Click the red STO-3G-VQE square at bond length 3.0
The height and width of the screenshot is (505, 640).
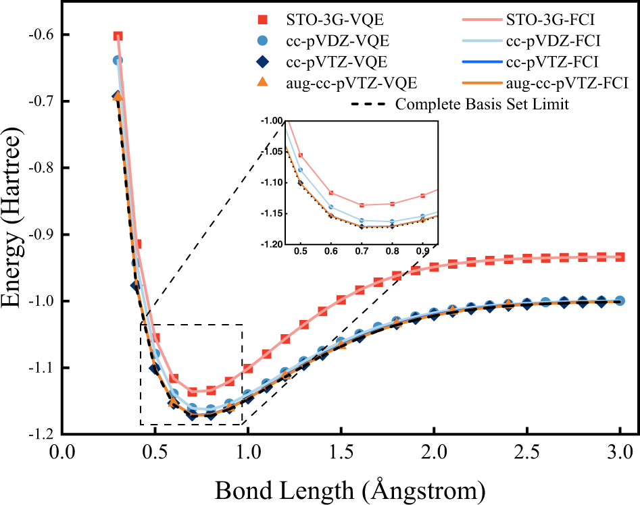point(620,257)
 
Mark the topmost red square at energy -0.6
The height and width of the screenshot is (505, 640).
point(118,36)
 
